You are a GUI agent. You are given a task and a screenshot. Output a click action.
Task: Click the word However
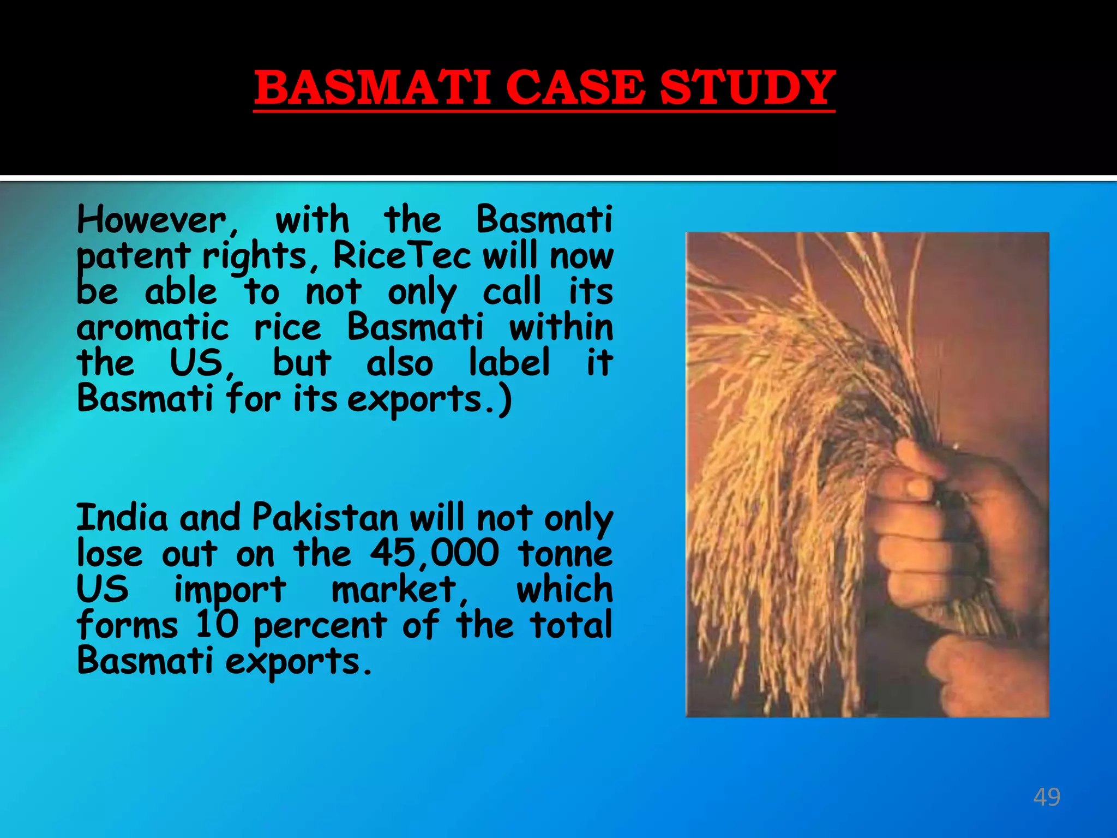pos(152,220)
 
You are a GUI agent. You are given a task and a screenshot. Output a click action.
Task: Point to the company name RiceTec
pos(402,255)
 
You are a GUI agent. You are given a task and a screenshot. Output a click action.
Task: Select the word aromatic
pos(153,327)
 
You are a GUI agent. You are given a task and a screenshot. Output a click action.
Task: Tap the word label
pos(509,362)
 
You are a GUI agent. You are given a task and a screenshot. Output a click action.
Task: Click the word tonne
pos(566,553)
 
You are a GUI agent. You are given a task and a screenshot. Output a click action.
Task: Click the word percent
pos(320,626)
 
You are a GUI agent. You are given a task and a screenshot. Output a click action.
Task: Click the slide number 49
pos(1047,797)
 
